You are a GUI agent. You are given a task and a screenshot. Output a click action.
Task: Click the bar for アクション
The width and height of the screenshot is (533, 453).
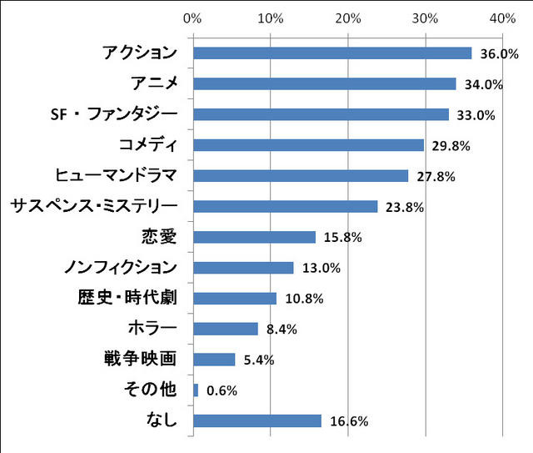click(331, 53)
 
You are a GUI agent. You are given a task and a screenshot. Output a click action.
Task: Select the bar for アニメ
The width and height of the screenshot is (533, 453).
click(324, 83)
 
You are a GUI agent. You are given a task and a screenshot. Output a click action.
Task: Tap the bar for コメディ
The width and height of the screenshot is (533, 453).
click(308, 145)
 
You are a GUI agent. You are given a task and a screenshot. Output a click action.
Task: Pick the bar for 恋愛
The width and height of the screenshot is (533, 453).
click(254, 237)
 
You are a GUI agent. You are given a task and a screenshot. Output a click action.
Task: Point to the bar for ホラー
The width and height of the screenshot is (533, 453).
click(225, 329)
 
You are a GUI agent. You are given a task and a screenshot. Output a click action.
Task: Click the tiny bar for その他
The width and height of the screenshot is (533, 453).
click(196, 390)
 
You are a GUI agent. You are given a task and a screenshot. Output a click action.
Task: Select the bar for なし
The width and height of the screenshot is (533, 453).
click(257, 420)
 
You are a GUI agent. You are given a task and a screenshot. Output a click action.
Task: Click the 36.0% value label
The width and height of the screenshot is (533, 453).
click(500, 54)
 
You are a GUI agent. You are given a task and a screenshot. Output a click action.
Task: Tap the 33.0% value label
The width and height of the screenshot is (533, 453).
click(476, 115)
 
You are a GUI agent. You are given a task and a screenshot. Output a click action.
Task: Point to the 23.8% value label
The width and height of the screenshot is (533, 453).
click(404, 207)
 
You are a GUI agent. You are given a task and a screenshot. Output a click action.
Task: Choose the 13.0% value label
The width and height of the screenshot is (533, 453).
click(321, 269)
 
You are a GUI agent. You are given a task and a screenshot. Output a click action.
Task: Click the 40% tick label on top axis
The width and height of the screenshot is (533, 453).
click(503, 18)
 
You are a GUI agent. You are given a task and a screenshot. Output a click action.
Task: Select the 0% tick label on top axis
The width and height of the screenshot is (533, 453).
click(192, 18)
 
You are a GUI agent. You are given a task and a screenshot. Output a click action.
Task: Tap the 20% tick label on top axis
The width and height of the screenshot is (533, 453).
click(348, 18)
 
